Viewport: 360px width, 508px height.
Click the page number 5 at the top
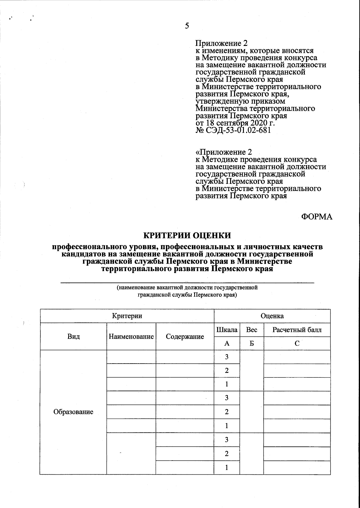187,26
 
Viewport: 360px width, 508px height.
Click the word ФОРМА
317,217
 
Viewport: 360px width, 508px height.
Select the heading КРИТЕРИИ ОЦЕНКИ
187,235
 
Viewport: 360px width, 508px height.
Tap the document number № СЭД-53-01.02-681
233,130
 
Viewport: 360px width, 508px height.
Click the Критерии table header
127,316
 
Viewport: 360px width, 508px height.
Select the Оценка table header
272,316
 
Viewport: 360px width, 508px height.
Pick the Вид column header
73,337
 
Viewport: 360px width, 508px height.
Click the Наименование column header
131,337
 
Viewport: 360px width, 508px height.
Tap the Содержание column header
185,337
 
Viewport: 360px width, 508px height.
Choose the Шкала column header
227,330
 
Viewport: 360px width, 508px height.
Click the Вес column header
251,330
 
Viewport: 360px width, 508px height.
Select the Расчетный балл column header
297,330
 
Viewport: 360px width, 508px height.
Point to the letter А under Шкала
227,343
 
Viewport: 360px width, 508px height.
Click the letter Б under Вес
252,343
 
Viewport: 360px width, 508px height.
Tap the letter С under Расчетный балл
297,343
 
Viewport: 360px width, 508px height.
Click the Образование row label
73,412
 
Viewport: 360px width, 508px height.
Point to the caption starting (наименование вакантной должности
187,288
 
